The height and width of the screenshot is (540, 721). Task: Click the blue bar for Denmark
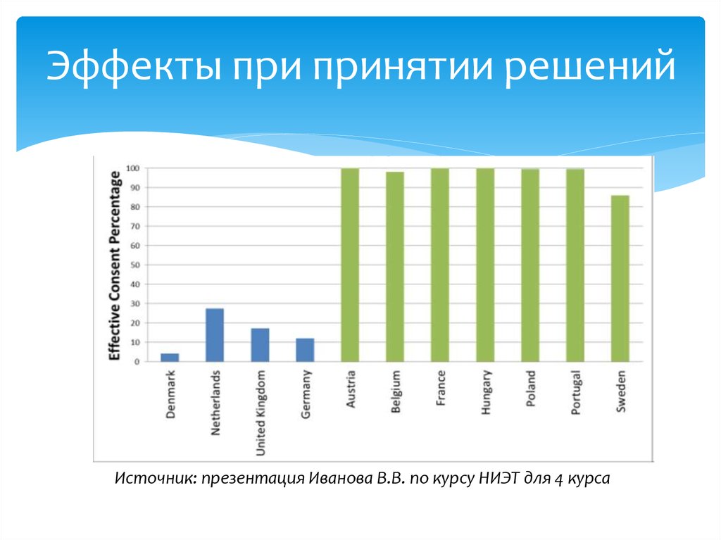pos(170,357)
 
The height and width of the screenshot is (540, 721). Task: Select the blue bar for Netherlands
pos(215,335)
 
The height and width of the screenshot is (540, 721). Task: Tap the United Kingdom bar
pos(260,345)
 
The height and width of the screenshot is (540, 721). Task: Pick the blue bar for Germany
pos(305,350)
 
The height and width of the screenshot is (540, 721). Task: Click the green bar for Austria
pos(350,265)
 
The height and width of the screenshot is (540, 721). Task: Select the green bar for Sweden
pos(620,278)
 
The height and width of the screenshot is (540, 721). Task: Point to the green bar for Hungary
pos(485,265)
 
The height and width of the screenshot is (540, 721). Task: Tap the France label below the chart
pos(441,389)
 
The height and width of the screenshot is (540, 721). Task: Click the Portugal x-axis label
pos(575,392)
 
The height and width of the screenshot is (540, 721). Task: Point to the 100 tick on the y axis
pos(132,168)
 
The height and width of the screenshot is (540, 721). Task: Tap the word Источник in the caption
pos(155,479)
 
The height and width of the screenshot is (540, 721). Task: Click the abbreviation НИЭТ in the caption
pos(498,479)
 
